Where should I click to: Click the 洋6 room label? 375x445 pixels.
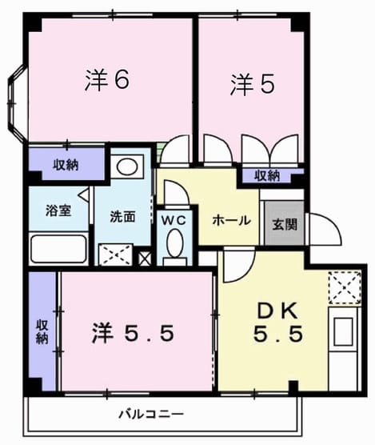(107, 80)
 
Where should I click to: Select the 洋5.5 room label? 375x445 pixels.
(133, 333)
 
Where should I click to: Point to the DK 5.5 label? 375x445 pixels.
(277, 323)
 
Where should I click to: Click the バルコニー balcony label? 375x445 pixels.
(151, 415)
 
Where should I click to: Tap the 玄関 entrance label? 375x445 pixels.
(285, 225)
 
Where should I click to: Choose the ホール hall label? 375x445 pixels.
(232, 220)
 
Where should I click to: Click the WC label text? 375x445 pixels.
(174, 220)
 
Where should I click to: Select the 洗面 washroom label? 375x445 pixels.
(122, 217)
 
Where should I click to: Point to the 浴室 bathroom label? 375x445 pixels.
(58, 210)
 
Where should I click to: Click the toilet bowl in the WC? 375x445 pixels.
(174, 243)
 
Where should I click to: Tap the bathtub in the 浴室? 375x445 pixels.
(58, 249)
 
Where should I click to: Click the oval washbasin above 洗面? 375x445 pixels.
(128, 167)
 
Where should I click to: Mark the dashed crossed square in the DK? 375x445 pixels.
(345, 287)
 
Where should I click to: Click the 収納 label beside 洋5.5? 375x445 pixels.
(42, 332)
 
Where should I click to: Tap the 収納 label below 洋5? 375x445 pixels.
(267, 176)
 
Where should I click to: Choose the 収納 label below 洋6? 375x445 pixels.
(66, 165)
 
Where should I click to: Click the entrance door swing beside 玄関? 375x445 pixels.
(325, 230)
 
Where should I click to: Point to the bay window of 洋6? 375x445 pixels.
(17, 103)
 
